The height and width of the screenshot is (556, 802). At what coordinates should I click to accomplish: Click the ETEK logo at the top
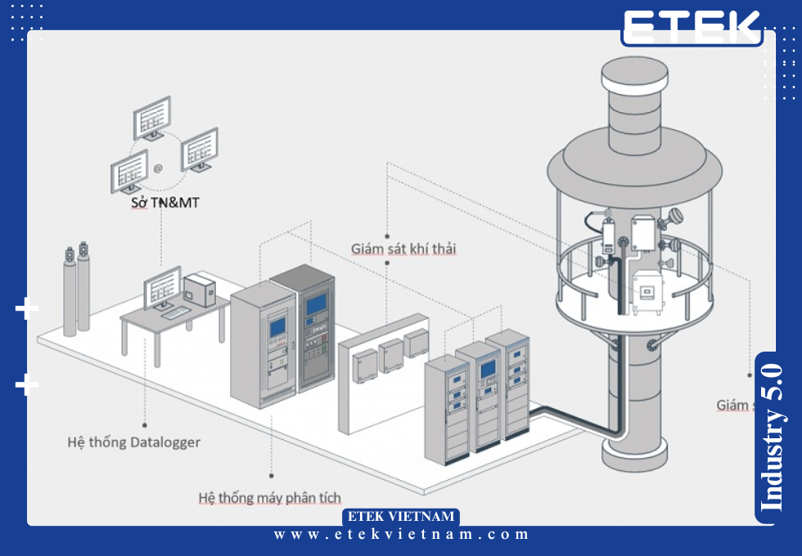[692, 28]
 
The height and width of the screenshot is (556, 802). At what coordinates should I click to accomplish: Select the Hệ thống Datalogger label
[133, 442]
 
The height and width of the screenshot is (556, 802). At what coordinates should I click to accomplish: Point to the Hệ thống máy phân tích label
[269, 497]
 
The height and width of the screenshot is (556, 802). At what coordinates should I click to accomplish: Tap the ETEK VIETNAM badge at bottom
[400, 517]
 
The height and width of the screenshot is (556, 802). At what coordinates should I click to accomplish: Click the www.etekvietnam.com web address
[401, 535]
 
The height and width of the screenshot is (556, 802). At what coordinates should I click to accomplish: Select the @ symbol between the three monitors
[158, 168]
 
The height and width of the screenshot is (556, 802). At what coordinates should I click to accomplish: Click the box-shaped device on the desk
[199, 289]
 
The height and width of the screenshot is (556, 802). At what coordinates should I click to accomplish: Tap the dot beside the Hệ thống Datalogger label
[145, 425]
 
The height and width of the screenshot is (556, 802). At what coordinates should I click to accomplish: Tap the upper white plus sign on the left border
[27, 309]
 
